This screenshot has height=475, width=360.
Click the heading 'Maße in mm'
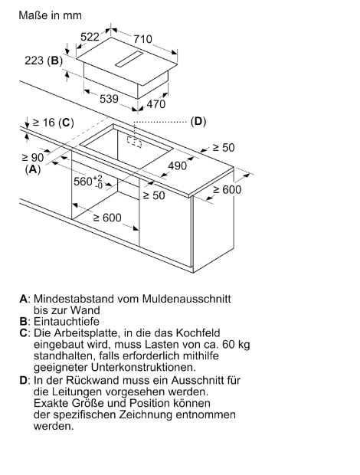coord(51,15)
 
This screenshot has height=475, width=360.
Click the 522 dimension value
coord(90,37)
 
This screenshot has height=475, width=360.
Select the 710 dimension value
coord(142,39)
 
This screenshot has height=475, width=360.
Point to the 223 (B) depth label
coord(44,61)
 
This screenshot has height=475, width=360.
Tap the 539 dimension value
coord(109,99)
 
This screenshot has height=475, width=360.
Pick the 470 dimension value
coord(156,104)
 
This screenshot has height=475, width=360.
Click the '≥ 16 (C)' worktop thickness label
coord(54,123)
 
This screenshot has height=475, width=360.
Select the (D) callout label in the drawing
coord(198,122)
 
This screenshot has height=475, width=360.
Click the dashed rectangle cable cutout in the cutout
coord(134,142)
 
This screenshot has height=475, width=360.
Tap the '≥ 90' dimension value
coord(33,158)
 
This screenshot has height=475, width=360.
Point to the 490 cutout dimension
coord(178,165)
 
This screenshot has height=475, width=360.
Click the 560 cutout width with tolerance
coord(88,181)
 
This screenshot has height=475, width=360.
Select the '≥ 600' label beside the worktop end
coord(227,190)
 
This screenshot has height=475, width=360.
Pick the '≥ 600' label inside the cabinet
coord(107,218)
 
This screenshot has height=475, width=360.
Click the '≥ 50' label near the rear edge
coord(224,148)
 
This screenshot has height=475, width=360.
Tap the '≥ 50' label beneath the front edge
coord(154,195)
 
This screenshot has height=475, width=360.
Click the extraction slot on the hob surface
coord(129,59)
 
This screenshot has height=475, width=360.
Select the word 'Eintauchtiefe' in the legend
coord(67,322)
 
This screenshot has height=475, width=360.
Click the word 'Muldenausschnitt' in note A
coord(186,299)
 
